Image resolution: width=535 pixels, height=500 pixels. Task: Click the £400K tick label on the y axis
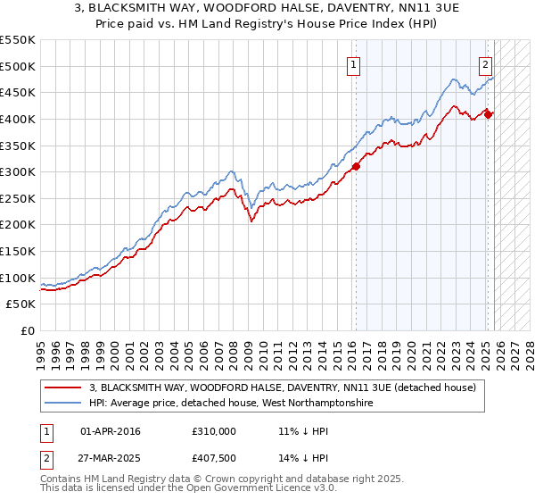coord(18,119)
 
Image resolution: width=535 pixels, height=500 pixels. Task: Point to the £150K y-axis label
coord(18,252)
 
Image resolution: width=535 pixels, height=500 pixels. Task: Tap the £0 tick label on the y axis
coord(27,331)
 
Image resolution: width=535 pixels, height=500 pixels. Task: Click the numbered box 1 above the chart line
coord(354,64)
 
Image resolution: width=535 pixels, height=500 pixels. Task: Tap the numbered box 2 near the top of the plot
coord(485,64)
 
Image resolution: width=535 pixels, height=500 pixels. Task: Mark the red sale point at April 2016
coord(356,165)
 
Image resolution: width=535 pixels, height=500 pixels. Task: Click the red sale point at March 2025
coord(489,113)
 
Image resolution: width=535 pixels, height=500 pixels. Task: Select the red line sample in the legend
coord(64,387)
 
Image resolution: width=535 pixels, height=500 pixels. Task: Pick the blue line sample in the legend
coord(64,403)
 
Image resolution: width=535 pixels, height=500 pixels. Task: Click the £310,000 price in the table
coord(214,431)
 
